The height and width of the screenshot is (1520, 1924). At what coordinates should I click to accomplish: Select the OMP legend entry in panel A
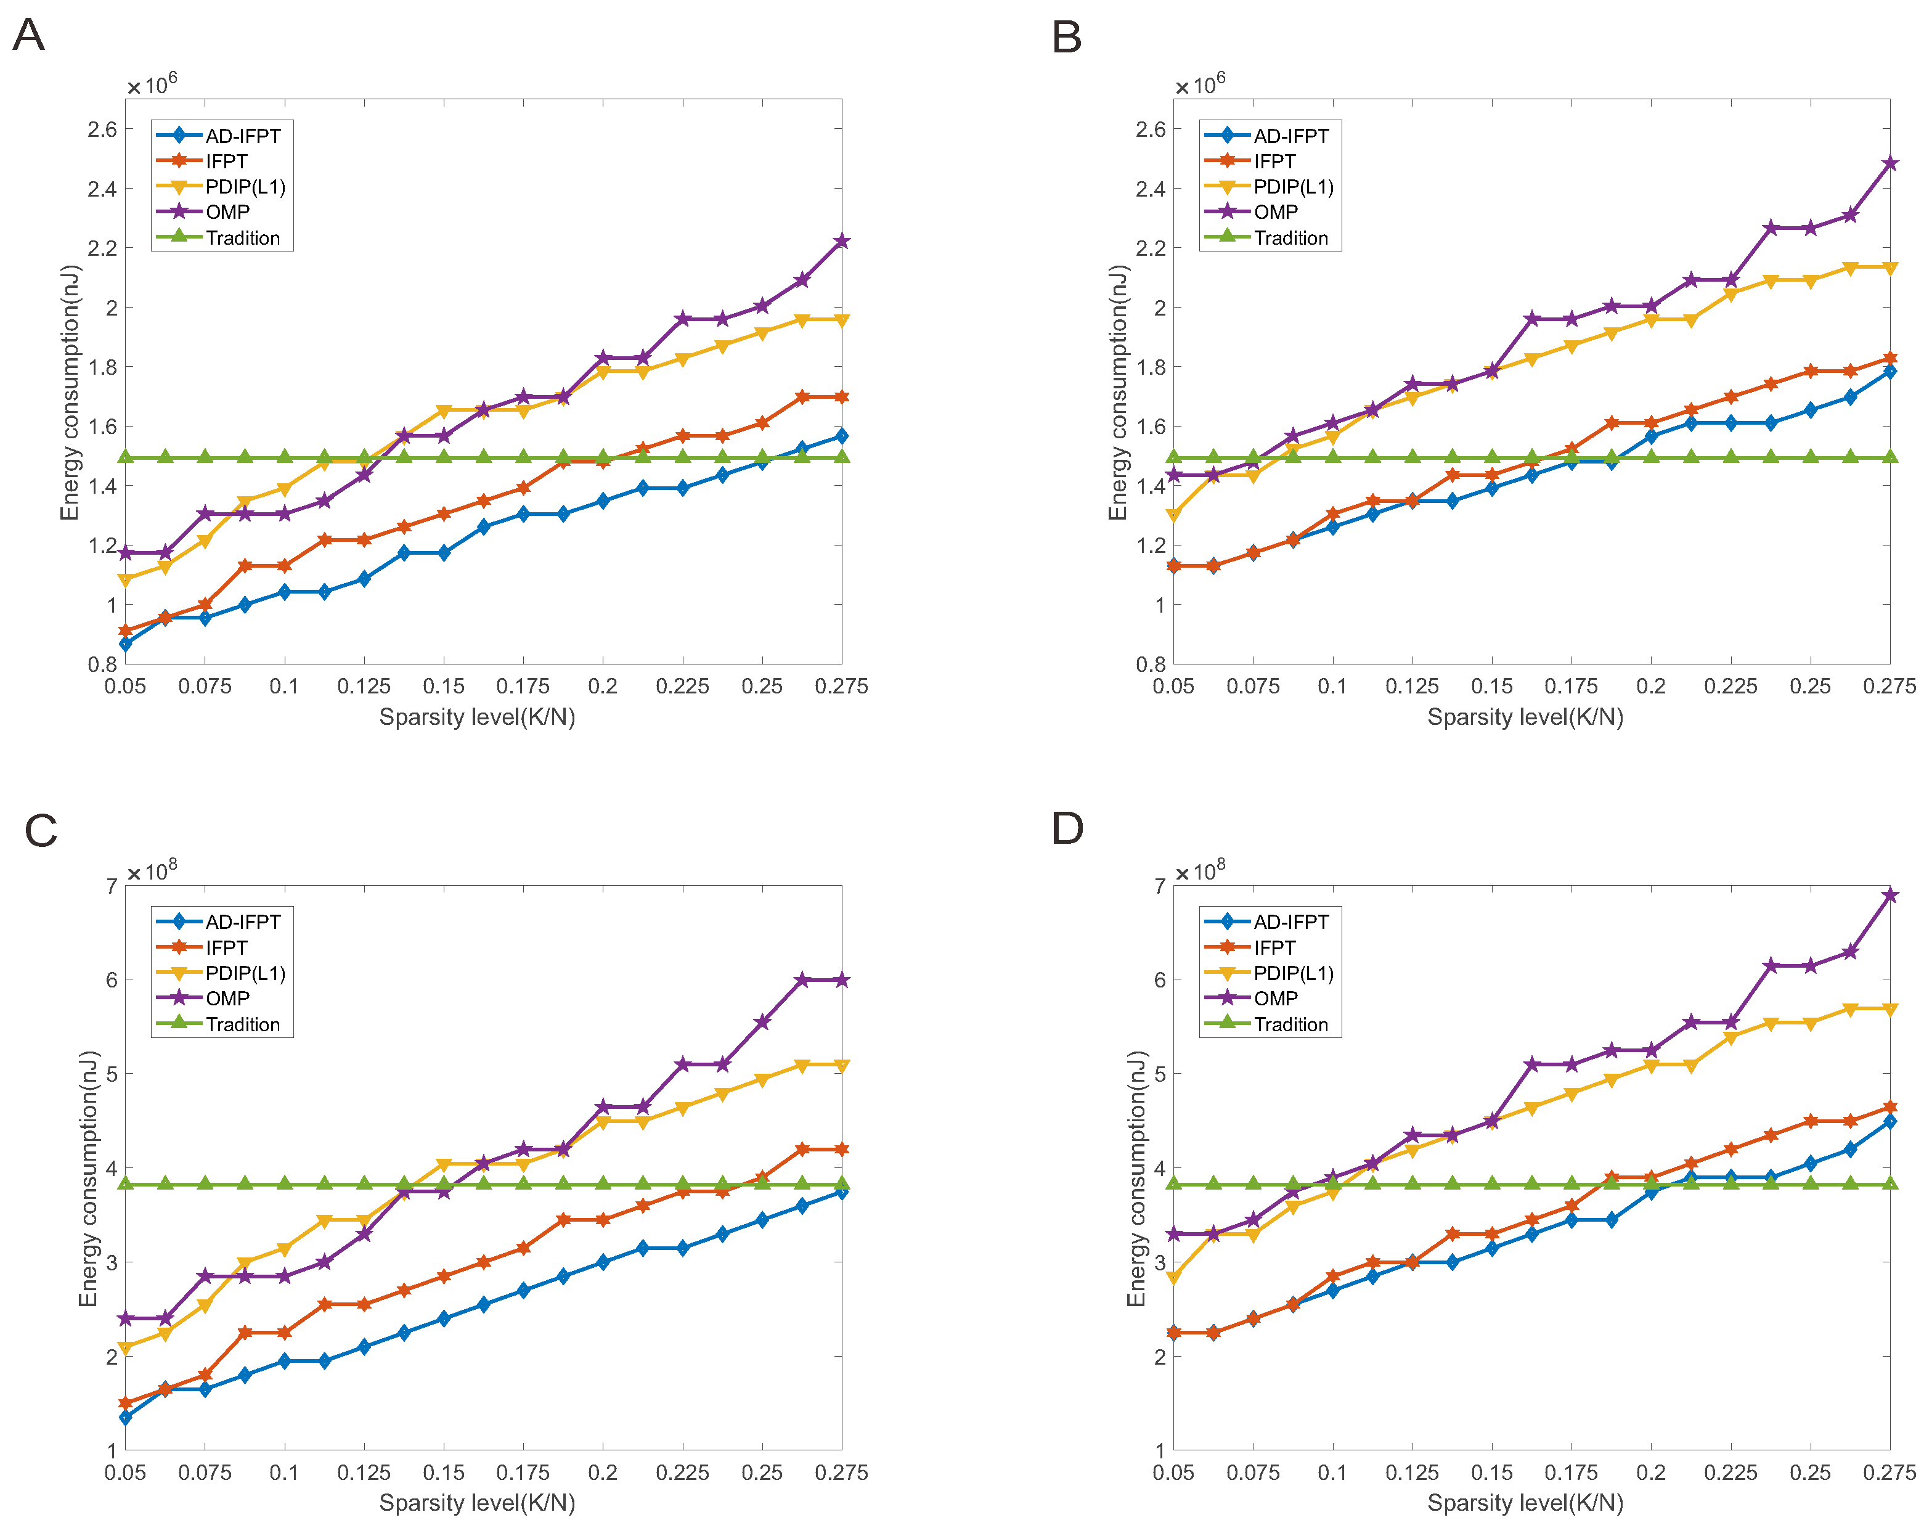[x=227, y=212]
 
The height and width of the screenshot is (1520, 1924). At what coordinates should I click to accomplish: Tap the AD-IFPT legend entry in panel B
[x=1290, y=136]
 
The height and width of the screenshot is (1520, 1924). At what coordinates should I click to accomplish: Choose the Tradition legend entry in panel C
[x=242, y=1024]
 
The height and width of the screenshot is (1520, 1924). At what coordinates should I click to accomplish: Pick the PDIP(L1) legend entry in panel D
[x=1293, y=974]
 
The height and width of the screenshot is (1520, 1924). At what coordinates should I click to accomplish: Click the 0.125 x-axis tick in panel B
[x=1411, y=686]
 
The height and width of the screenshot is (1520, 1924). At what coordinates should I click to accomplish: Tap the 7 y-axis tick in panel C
[x=112, y=886]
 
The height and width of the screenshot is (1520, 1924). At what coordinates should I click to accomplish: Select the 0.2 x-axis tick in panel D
[x=1651, y=1473]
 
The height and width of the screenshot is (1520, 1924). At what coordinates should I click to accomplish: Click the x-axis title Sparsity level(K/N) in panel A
[x=477, y=717]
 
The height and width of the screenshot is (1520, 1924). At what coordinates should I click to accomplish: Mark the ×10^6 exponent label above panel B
[x=1200, y=84]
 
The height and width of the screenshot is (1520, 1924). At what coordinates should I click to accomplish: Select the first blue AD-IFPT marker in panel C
[x=126, y=1417]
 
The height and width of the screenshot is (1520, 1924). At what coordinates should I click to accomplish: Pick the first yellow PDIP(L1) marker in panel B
[x=1174, y=515]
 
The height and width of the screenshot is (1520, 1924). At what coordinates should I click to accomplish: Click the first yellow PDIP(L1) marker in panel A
[x=126, y=580]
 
